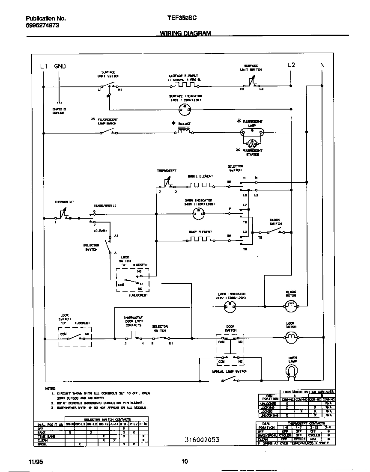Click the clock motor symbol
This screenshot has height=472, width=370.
click(x=291, y=305)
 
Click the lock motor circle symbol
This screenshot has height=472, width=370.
click(x=291, y=338)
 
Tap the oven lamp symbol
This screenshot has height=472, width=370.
click(x=292, y=373)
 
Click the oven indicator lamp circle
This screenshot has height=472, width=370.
click(x=197, y=214)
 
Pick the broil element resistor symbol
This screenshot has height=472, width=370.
click(x=199, y=186)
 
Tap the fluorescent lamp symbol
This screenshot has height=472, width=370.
click(x=252, y=133)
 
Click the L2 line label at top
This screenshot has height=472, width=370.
click(x=291, y=65)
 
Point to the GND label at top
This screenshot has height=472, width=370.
click(x=60, y=66)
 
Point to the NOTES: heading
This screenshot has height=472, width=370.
click(x=51, y=388)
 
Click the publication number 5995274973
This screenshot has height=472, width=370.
click(x=42, y=26)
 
